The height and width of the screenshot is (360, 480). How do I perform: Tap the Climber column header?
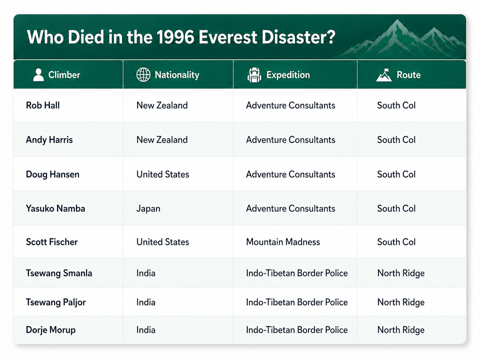[64, 75]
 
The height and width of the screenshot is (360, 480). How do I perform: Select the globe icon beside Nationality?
[143, 75]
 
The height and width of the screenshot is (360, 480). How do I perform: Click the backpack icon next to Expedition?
[254, 75]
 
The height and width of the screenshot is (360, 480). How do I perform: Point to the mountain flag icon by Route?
[384, 75]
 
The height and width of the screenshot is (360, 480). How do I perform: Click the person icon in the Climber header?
[38, 75]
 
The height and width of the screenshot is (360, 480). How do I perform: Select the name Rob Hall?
[43, 105]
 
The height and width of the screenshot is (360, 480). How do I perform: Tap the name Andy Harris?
[49, 140]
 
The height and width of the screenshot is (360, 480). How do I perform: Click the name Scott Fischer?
[52, 242]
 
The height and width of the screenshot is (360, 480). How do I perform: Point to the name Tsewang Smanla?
[59, 273]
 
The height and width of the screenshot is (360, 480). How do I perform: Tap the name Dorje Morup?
[51, 330]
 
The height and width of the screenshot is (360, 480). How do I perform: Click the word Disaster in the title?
[298, 37]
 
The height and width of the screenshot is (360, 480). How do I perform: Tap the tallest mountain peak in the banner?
[397, 21]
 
